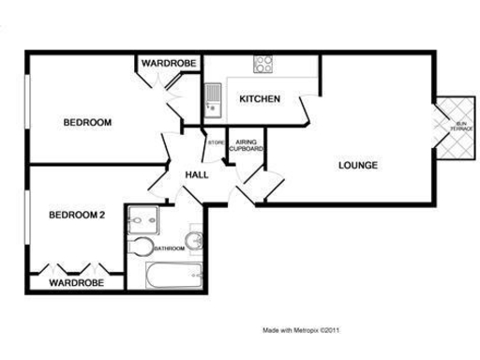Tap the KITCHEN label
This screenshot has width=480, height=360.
click(259, 99)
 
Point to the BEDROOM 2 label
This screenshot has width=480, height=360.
click(76, 216)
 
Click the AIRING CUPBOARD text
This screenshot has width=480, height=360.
click(247, 145)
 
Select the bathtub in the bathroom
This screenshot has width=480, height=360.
click(173, 276)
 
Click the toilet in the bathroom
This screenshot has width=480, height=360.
click(142, 247)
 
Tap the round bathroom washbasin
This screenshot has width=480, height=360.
click(195, 242)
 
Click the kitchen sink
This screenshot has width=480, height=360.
click(213, 97)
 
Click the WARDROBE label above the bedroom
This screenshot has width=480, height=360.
click(169, 64)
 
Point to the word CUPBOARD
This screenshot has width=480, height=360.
click(247, 149)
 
